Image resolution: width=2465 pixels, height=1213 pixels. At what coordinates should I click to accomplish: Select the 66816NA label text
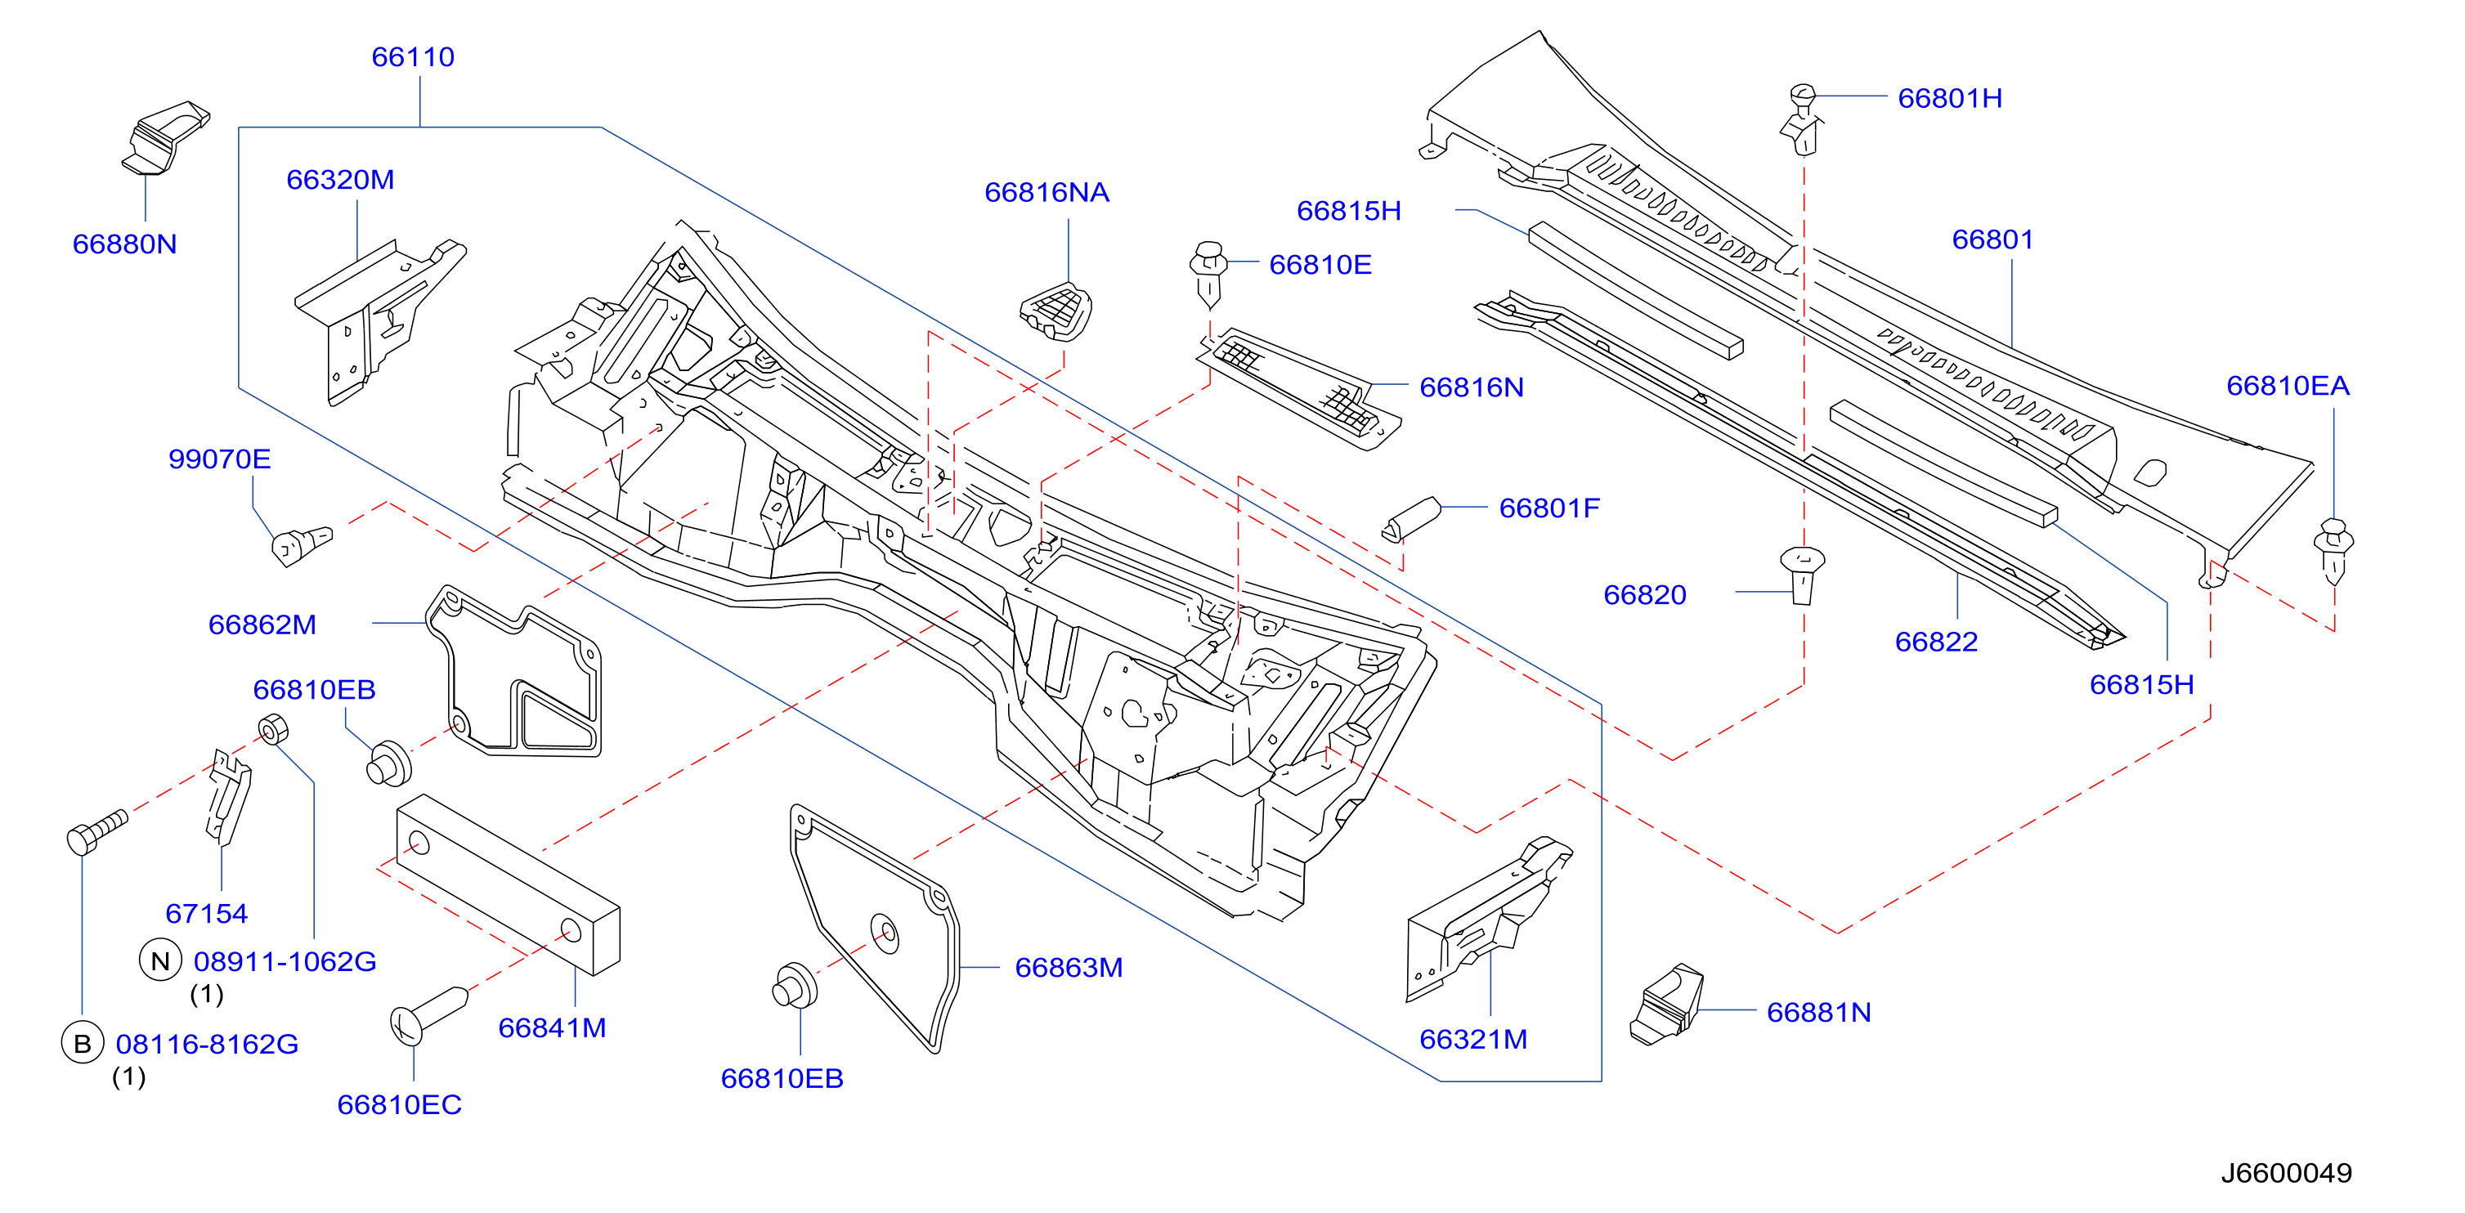[x=1047, y=192]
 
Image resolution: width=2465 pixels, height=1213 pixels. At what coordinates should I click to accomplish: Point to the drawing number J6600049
[x=2286, y=1173]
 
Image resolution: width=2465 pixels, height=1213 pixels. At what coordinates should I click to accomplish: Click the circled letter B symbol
[x=83, y=1043]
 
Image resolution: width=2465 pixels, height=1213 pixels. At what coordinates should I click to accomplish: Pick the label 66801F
[x=1549, y=508]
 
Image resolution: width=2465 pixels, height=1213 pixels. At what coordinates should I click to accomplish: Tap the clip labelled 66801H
[x=1803, y=119]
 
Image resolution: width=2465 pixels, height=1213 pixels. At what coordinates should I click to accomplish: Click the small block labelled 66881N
[x=1667, y=1005]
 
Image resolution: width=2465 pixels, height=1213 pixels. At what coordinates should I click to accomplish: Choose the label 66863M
[x=1069, y=967]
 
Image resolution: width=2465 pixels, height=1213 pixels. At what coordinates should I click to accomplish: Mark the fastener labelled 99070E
[x=302, y=545]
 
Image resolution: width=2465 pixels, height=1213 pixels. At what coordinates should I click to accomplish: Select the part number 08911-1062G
[x=285, y=961]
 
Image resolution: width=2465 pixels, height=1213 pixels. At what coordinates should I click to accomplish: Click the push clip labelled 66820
[x=1803, y=575]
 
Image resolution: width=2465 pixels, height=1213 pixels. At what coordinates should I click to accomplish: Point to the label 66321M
[x=1473, y=1039]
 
